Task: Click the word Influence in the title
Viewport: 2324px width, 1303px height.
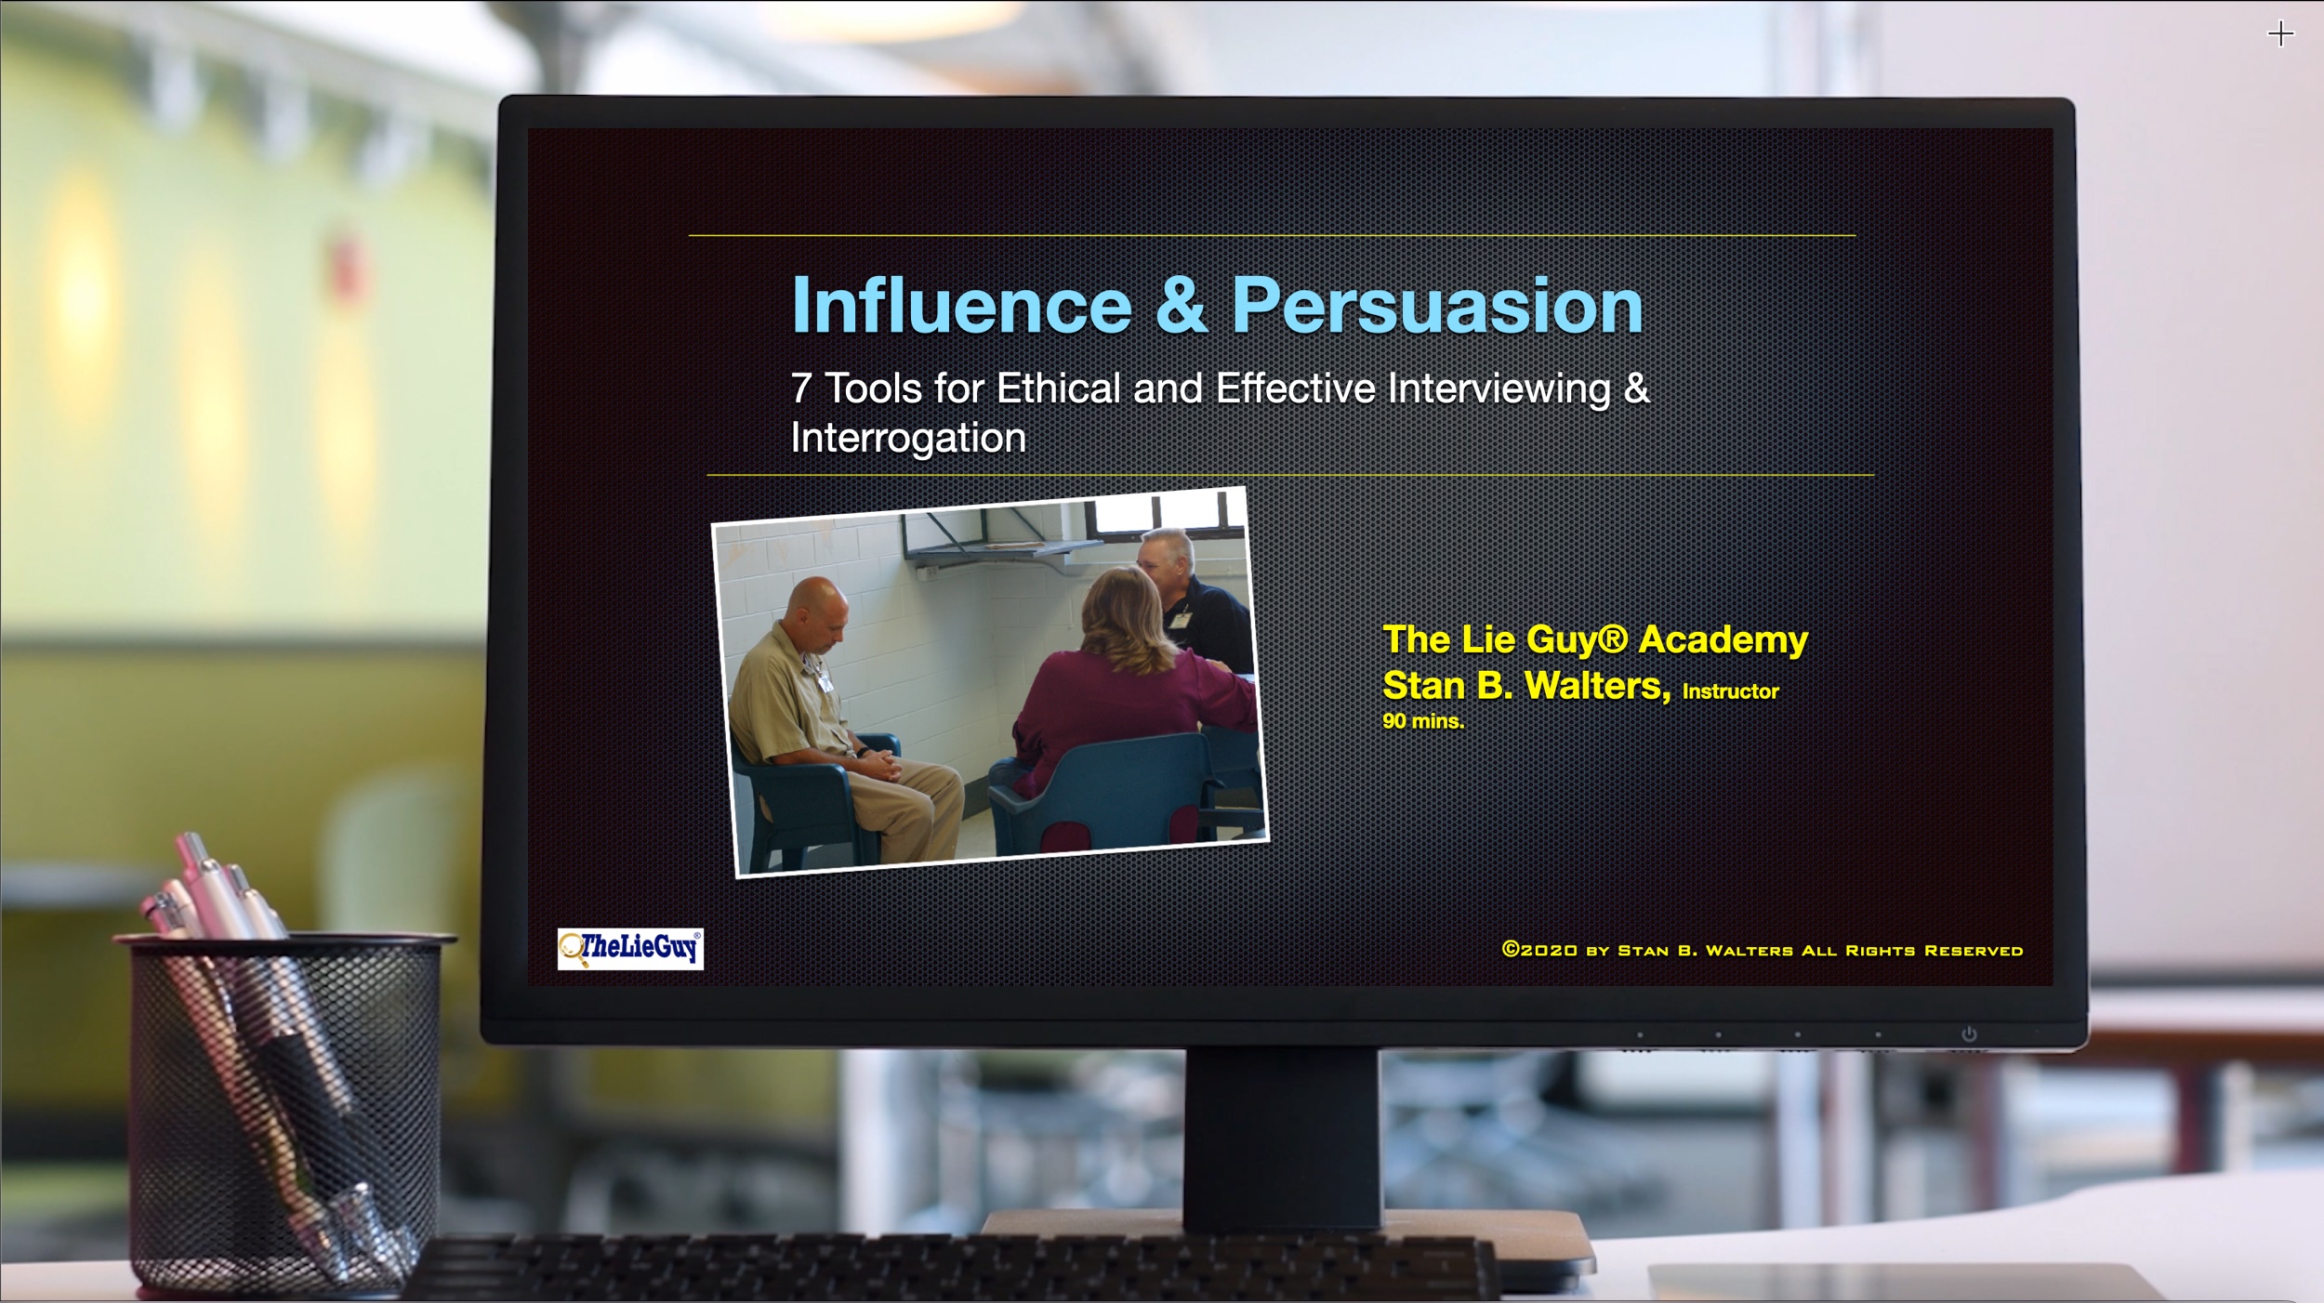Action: [960, 307]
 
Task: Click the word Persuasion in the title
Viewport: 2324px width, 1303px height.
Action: [1437, 307]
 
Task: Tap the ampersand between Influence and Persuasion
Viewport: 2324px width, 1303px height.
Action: [1181, 307]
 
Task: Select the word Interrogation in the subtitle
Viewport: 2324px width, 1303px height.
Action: [908, 438]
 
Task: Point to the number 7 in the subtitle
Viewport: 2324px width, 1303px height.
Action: [800, 388]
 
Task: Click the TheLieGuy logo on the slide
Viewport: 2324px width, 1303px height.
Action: [630, 949]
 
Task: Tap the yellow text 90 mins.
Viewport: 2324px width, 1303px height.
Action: [1422, 721]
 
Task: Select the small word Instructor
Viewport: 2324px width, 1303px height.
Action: [1730, 691]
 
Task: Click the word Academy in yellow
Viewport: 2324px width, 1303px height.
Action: [1723, 639]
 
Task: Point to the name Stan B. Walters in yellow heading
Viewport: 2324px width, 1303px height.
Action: [1525, 686]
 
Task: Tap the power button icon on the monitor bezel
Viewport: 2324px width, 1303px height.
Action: [1968, 1034]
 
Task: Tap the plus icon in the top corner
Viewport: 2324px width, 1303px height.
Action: [2280, 34]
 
